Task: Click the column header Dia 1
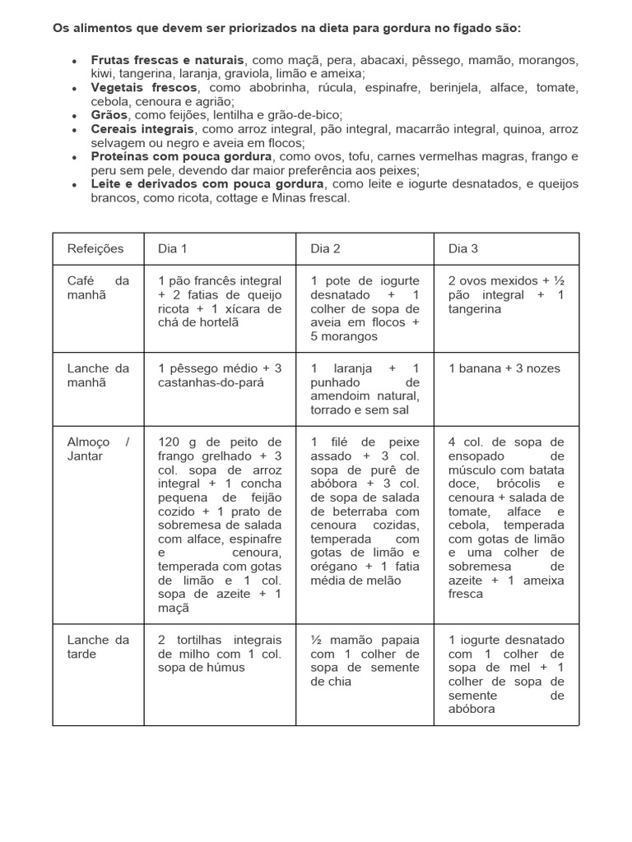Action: (173, 248)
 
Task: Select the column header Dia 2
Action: (325, 248)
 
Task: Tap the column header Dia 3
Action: (463, 248)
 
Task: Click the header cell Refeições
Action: (95, 248)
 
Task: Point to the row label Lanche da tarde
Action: (98, 646)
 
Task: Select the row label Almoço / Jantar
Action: (98, 449)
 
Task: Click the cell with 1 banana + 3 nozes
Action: (504, 368)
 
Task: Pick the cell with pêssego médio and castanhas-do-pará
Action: (219, 375)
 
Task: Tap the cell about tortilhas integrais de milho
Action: (219, 653)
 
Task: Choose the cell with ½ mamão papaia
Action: (365, 659)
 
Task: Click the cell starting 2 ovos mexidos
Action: (506, 294)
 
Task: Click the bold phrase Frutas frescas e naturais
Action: (168, 61)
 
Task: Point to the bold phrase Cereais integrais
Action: (142, 129)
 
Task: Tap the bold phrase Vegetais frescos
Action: (144, 87)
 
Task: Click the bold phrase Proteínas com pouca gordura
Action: (181, 156)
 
